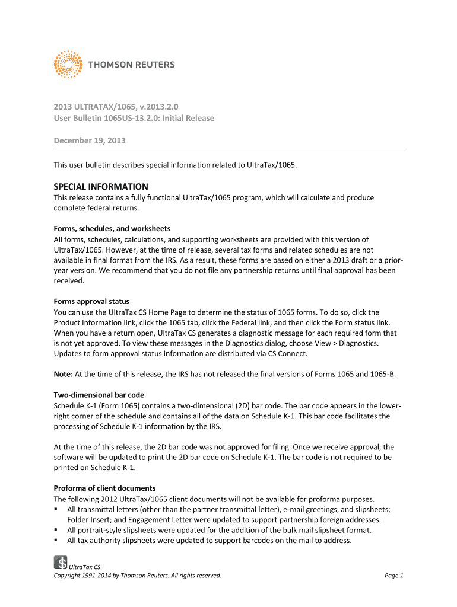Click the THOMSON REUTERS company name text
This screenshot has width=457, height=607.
coord(132,65)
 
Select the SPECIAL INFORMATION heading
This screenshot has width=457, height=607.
coord(101,186)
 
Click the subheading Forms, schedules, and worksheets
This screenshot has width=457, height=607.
coord(112,228)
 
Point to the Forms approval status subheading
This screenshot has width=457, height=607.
coord(91,301)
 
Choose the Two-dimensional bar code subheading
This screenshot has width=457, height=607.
coord(99,395)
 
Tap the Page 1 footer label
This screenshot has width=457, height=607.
coord(393,575)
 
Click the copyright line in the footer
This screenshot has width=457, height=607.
coord(138,575)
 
